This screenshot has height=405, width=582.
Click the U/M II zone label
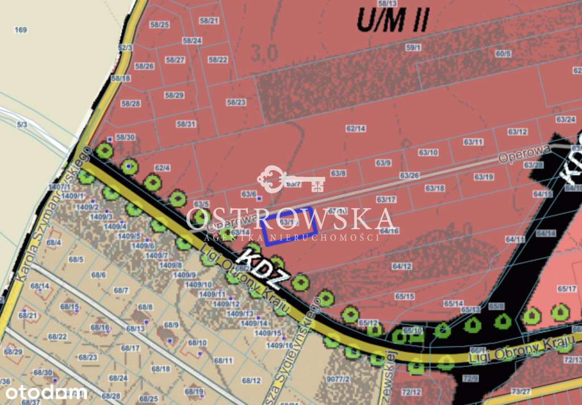393,20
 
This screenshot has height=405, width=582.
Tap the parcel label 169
21,30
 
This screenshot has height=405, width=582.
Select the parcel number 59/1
413,48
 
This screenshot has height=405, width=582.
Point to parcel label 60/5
503,54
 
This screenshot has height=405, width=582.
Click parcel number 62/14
356,129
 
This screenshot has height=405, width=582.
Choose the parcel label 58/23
236,102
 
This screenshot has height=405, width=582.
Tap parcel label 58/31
186,124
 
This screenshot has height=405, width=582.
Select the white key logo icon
290,179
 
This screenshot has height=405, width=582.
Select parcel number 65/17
567,289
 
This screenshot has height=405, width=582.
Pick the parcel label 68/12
251,381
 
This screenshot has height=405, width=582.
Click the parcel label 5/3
22,124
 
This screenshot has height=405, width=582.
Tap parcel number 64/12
402,266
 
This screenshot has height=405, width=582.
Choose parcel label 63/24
566,119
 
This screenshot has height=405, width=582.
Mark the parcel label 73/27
521,391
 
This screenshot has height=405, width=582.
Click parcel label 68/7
121,291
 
